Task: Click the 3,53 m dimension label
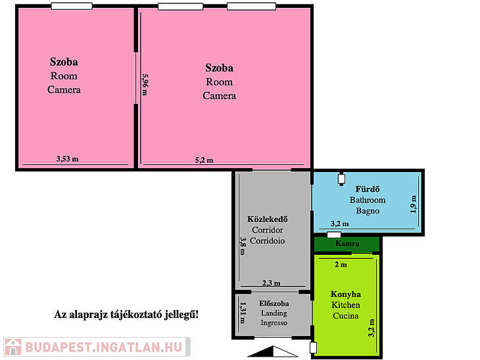click(x=67, y=159)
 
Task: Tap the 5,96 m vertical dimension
click(x=145, y=85)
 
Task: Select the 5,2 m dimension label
click(x=204, y=160)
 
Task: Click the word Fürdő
click(x=368, y=189)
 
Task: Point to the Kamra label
click(x=347, y=244)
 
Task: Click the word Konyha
click(x=346, y=294)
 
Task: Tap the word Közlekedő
click(x=267, y=219)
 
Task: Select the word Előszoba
click(x=274, y=304)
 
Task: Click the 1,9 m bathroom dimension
click(x=414, y=204)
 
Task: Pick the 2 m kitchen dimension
click(x=341, y=265)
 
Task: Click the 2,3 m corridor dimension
click(x=271, y=283)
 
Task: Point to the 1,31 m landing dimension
click(x=243, y=313)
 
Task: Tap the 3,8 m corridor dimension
click(x=243, y=246)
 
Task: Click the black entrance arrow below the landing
click(x=272, y=351)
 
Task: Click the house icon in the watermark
click(x=13, y=347)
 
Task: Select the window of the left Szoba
click(x=72, y=6)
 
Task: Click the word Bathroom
click(x=368, y=200)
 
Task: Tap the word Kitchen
click(x=346, y=305)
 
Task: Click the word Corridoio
click(x=267, y=240)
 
